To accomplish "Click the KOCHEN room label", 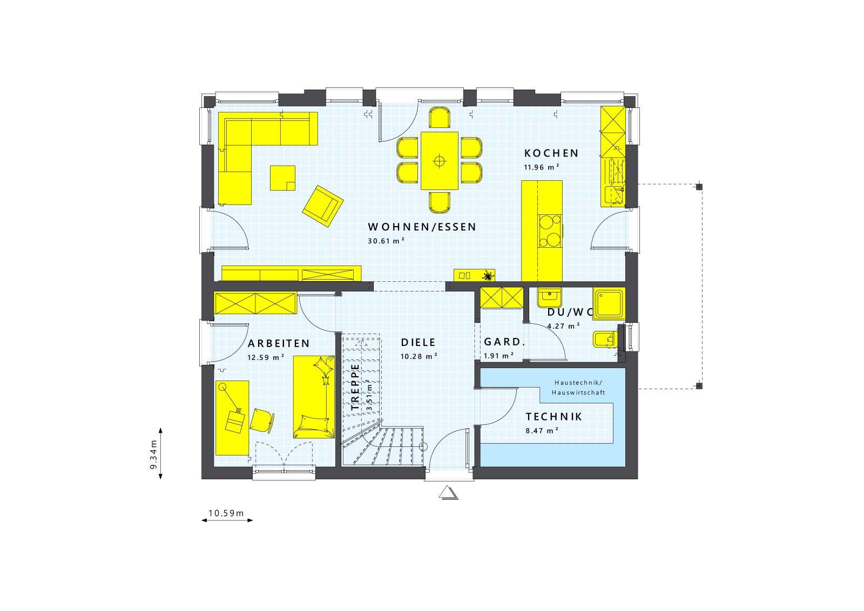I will (x=551, y=153).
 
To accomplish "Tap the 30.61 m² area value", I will (x=386, y=241).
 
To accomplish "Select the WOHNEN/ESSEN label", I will (x=422, y=227).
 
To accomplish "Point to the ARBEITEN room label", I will (x=279, y=344).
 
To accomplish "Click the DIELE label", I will (x=418, y=343).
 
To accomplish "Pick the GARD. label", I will (x=504, y=342).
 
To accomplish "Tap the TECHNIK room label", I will (x=553, y=417).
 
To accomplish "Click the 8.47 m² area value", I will (x=542, y=431).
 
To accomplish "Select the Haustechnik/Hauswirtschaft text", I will (x=578, y=388).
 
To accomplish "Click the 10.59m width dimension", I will (x=226, y=513).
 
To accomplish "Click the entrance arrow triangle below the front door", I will (x=448, y=492).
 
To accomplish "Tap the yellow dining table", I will (x=440, y=160).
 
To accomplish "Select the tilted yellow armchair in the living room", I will (x=323, y=203).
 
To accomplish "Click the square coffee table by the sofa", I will (x=283, y=178).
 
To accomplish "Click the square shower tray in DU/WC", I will (x=609, y=302).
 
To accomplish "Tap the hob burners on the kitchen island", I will (x=549, y=230).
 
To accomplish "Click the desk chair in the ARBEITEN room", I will (x=262, y=420).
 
